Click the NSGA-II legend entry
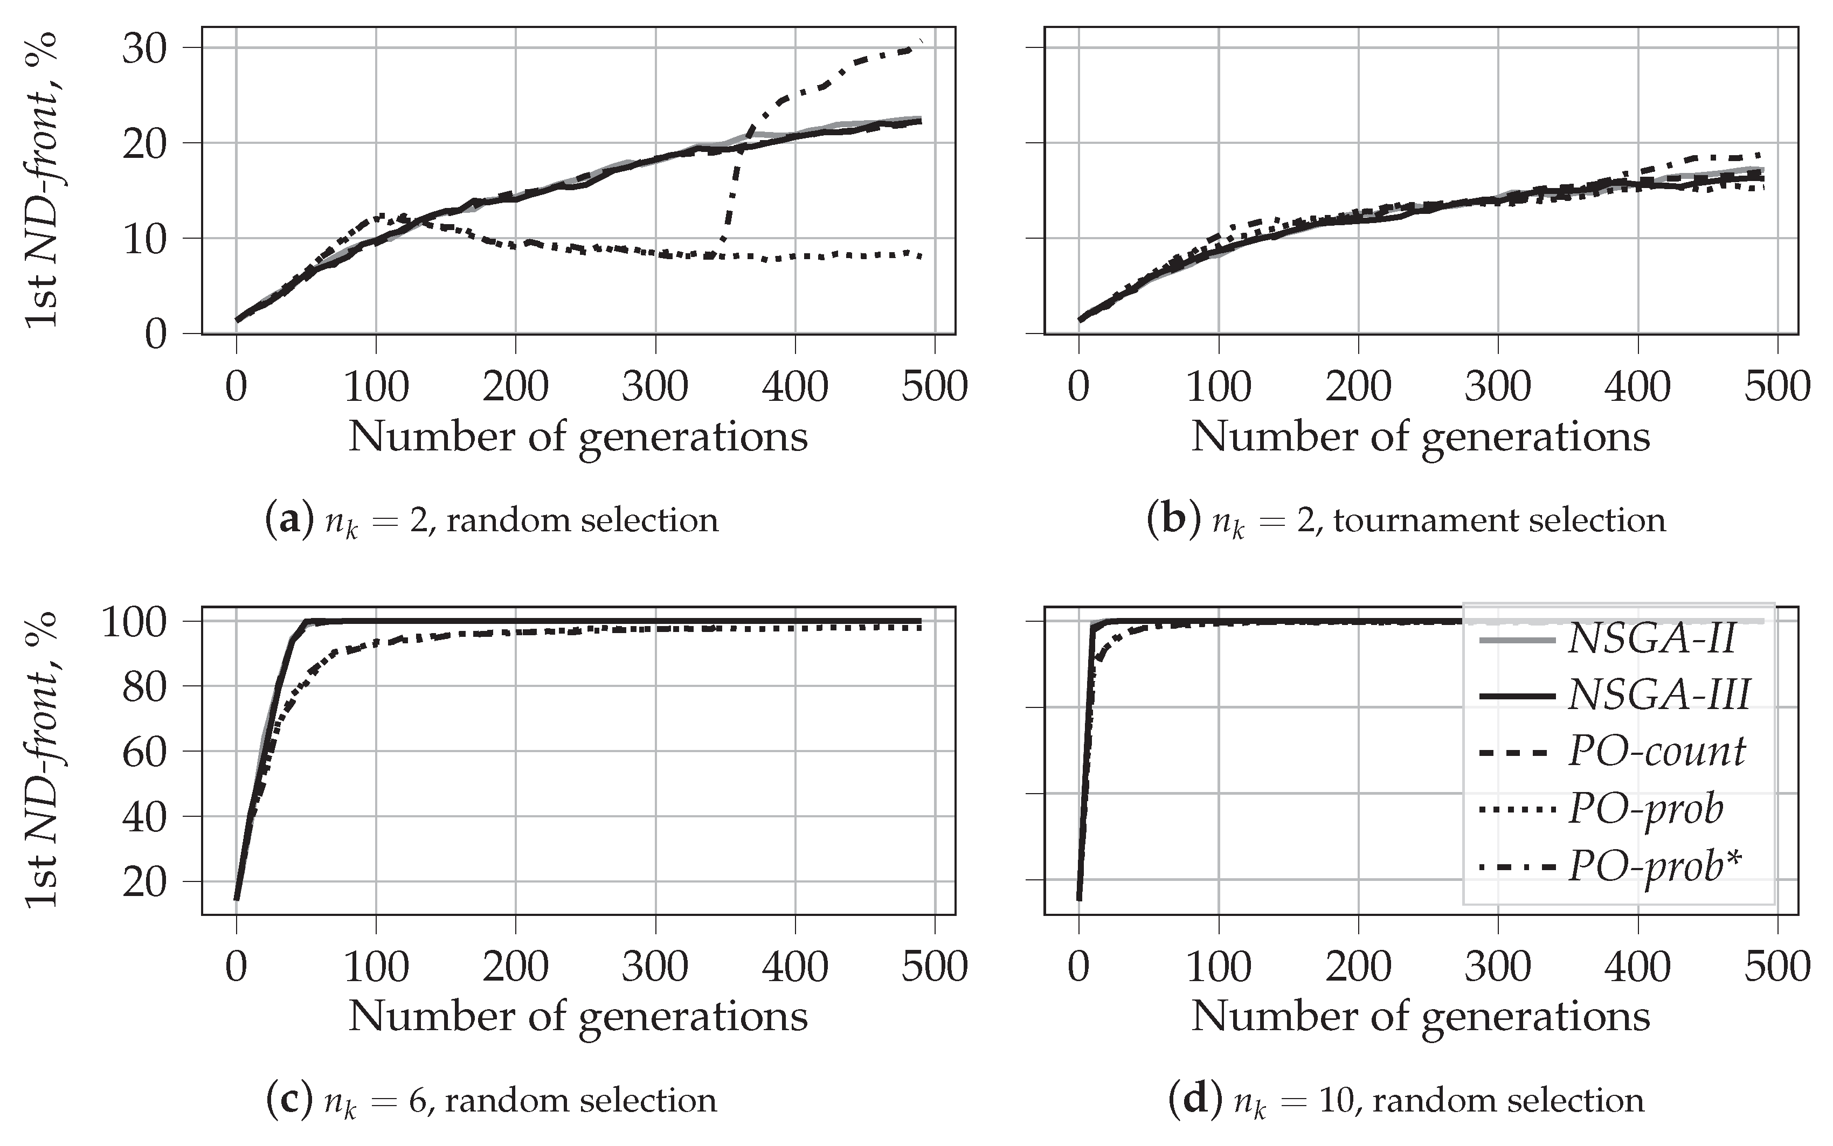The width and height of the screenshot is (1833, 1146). [1651, 641]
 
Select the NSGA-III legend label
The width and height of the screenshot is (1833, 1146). [1658, 694]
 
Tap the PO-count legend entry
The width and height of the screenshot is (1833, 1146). [1656, 752]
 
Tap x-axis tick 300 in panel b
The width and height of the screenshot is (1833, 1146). [1497, 387]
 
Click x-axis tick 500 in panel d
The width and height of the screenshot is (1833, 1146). [1777, 967]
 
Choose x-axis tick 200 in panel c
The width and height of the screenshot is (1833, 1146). [515, 967]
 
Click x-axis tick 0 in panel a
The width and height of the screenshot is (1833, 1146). [237, 387]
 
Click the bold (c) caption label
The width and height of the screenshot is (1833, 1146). [289, 1101]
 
